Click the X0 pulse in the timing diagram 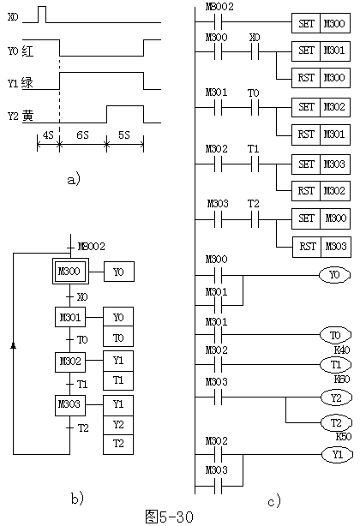click(x=42, y=15)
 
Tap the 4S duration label click(x=48, y=135)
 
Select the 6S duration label click(x=82, y=134)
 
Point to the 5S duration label click(x=123, y=134)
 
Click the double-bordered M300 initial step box click(x=70, y=271)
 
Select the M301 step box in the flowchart click(x=70, y=317)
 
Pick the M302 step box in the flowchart click(x=70, y=362)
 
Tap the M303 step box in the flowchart click(x=70, y=405)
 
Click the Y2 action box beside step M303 click(x=118, y=425)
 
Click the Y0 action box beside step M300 click(x=119, y=272)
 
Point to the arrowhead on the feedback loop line click(x=14, y=345)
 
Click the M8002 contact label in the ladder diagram click(x=219, y=7)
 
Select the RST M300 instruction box click(x=321, y=78)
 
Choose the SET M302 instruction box click(x=321, y=107)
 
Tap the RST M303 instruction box click(x=321, y=247)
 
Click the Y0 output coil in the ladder click(x=334, y=275)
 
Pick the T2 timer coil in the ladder click(x=337, y=422)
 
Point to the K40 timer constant click(x=342, y=350)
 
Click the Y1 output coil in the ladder click(x=337, y=455)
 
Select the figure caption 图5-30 click(x=170, y=517)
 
